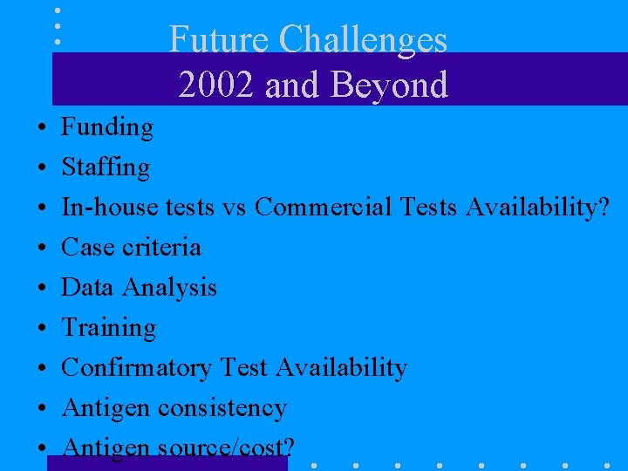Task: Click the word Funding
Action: pyautogui.click(x=106, y=127)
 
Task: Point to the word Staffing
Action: pyautogui.click(x=105, y=167)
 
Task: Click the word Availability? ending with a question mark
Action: pyautogui.click(x=537, y=207)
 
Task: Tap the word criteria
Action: pyautogui.click(x=161, y=247)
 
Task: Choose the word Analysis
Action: pyautogui.click(x=169, y=288)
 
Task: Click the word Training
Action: pyautogui.click(x=108, y=328)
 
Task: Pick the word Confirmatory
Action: pyautogui.click(x=136, y=368)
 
